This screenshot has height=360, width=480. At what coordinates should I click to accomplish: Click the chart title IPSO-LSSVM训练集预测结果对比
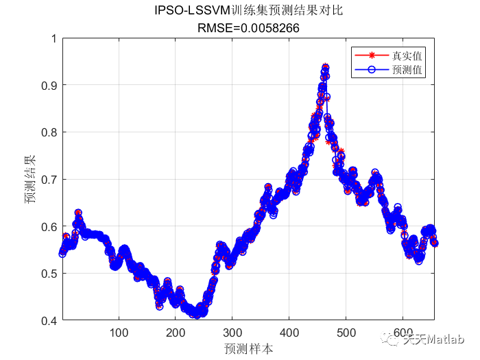(248, 12)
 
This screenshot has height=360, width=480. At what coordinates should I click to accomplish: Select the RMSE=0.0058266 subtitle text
(248, 27)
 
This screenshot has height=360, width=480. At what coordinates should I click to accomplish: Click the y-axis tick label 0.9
(49, 85)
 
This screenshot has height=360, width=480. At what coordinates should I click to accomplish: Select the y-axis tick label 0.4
(49, 320)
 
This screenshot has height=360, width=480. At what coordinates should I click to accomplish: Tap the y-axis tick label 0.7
(49, 179)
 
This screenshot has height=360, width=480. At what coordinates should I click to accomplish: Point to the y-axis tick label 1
(53, 38)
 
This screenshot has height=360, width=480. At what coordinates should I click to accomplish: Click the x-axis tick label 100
(119, 333)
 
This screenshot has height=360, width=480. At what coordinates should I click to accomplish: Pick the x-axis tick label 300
(232, 333)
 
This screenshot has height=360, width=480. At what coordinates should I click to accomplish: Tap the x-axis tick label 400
(289, 333)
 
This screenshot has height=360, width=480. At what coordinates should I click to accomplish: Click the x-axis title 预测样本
(248, 348)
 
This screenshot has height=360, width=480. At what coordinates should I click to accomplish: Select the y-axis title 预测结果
(30, 180)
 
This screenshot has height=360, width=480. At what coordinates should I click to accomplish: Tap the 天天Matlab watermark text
(433, 339)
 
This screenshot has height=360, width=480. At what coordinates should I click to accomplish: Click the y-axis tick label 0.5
(49, 274)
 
